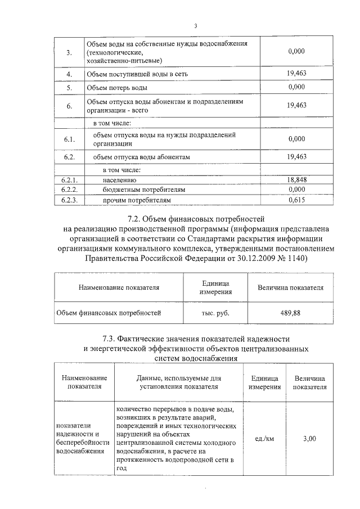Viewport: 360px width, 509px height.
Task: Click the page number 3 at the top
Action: pyautogui.click(x=195, y=25)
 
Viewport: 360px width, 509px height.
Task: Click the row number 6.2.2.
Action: pyautogui.click(x=69, y=190)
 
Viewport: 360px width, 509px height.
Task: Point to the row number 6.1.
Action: pyautogui.click(x=69, y=139)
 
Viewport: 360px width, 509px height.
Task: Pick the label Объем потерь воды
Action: pyautogui.click(x=117, y=88)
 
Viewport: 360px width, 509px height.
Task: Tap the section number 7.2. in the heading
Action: pyautogui.click(x=138, y=218)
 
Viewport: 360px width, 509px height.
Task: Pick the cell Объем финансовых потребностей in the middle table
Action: pyautogui.click(x=108, y=313)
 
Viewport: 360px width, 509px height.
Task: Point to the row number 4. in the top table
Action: pyautogui.click(x=69, y=74)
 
